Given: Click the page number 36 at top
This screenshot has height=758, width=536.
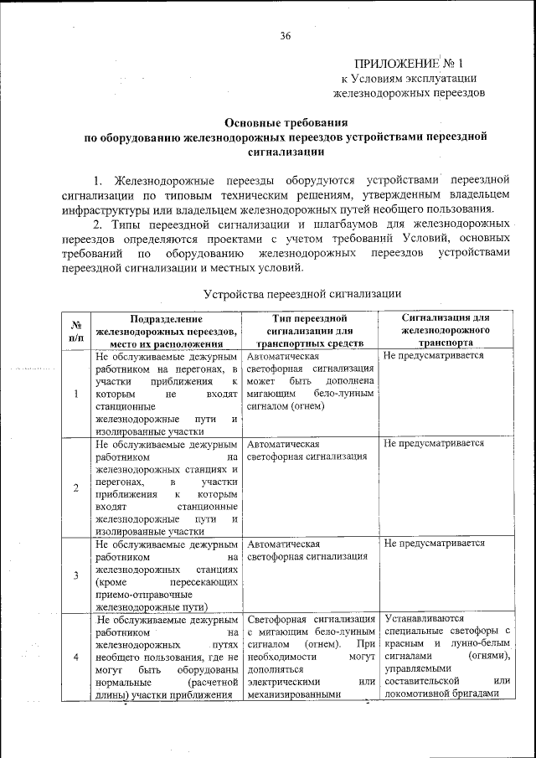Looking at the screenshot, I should pyautogui.click(x=285, y=36).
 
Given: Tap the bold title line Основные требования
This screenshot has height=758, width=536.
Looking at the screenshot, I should pyautogui.click(x=285, y=121).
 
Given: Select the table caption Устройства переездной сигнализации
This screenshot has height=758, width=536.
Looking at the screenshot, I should pyautogui.click(x=302, y=294).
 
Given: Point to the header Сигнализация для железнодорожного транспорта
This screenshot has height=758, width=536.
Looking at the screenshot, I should pyautogui.click(x=445, y=330).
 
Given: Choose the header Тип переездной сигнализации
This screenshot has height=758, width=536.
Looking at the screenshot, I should pyautogui.click(x=309, y=330).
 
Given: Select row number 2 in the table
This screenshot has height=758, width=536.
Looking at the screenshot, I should pyautogui.click(x=76, y=487).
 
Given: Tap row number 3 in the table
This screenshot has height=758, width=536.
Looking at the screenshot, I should pyautogui.click(x=76, y=575).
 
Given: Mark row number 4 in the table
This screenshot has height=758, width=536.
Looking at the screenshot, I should pyautogui.click(x=76, y=657).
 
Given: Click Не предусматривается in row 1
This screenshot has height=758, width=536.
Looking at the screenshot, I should pyautogui.click(x=434, y=355).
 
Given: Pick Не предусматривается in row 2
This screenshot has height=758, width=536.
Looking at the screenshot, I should pyautogui.click(x=434, y=443).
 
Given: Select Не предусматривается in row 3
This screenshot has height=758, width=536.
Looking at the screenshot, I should pyautogui.click(x=434, y=543).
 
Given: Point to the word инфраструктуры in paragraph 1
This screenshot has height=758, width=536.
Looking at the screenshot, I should pyautogui.click(x=103, y=209).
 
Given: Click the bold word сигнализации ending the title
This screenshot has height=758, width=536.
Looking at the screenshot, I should pyautogui.click(x=285, y=152).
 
